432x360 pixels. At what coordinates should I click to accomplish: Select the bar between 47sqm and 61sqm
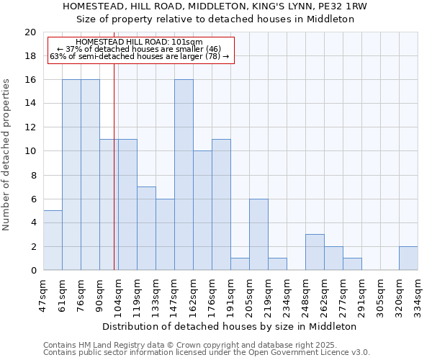(x=53, y=240)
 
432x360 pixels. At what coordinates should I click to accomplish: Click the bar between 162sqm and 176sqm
(x=202, y=210)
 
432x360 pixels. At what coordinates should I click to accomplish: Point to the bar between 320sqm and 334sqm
(x=408, y=258)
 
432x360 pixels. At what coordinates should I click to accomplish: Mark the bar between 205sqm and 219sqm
(x=258, y=235)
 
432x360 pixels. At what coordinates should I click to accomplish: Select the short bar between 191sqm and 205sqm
(x=240, y=264)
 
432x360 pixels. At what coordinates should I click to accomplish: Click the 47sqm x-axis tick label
(x=43, y=294)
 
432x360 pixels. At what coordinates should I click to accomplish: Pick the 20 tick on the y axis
(x=30, y=32)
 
